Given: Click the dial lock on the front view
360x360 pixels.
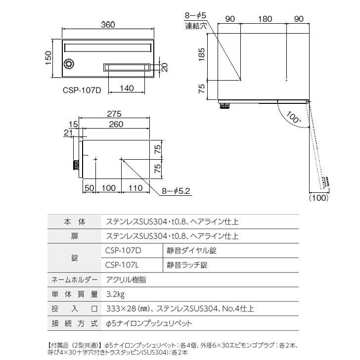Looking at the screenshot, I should pyautogui.click(x=69, y=64).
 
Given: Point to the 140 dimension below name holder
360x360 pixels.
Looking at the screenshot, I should pyautogui.click(x=127, y=89).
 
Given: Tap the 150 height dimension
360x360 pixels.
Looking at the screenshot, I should pyautogui.click(x=48, y=58).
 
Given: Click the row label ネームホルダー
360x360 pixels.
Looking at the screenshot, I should pyautogui.click(x=75, y=279).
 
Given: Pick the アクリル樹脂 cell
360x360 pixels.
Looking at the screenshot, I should pyautogui.click(x=126, y=279).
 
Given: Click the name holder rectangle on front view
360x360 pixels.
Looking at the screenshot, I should pyautogui.click(x=126, y=67).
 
